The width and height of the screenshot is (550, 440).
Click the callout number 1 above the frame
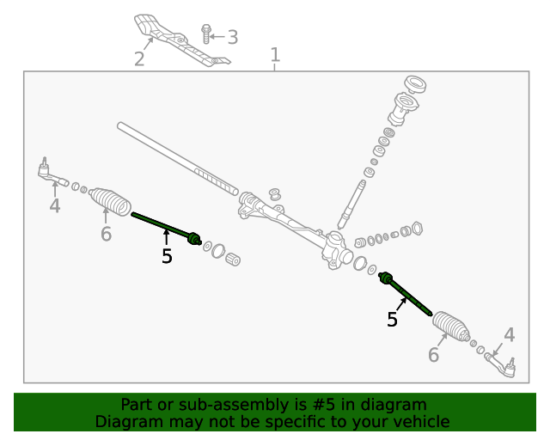pyautogui.click(x=275, y=57)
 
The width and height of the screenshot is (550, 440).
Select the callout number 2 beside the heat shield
pyautogui.click(x=139, y=58)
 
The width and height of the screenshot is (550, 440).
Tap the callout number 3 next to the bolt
pyautogui.click(x=232, y=37)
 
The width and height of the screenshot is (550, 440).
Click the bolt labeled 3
pyautogui.click(x=206, y=34)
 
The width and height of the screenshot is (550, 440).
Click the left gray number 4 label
pyautogui.click(x=55, y=206)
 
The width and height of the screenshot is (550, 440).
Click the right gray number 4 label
pyautogui.click(x=510, y=335)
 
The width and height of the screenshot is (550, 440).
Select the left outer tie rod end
pyautogui.click(x=52, y=176)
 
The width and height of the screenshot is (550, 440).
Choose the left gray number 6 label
pyautogui.click(x=106, y=234)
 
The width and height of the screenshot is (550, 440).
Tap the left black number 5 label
pyautogui.click(x=167, y=256)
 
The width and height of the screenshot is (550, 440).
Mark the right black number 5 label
pyautogui.click(x=392, y=320)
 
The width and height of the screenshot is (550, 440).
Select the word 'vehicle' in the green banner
pyautogui.click(x=419, y=421)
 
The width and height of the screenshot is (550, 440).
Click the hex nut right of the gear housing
pyautogui.click(x=418, y=229)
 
